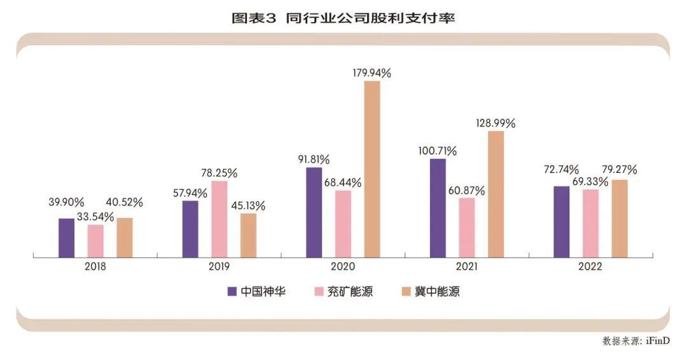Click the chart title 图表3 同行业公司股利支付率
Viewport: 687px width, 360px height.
tap(343, 18)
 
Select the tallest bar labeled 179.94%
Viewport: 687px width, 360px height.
tap(372, 169)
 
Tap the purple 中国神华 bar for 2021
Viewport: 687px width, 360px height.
tap(438, 208)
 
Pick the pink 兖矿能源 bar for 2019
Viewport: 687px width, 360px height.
tap(219, 219)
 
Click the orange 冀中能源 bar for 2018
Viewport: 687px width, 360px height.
tap(125, 238)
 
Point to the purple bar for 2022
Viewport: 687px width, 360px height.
tap(562, 222)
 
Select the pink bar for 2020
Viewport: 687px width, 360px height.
tap(343, 224)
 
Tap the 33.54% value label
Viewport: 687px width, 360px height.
tap(95, 217)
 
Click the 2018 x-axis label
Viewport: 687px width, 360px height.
tap(95, 267)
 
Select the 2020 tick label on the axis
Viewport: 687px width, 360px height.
tap(343, 267)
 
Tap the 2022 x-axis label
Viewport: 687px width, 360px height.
tap(590, 267)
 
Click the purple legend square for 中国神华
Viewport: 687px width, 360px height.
tap(233, 292)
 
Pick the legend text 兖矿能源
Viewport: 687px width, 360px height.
tap(350, 292)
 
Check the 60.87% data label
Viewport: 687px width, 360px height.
tap(466, 190)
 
